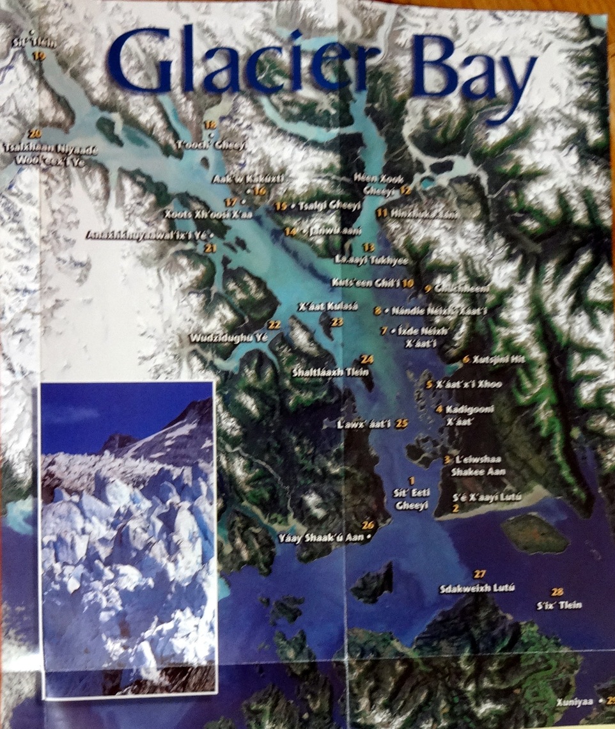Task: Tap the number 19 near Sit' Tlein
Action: pyautogui.click(x=40, y=57)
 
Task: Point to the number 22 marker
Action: pyautogui.click(x=274, y=325)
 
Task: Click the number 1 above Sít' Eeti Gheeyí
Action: pyautogui.click(x=412, y=480)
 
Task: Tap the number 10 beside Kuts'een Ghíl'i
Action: pyautogui.click(x=409, y=282)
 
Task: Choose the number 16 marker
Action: pyautogui.click(x=260, y=191)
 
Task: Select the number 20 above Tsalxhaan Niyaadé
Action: pyautogui.click(x=35, y=134)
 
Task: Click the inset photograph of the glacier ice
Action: pyautogui.click(x=128, y=537)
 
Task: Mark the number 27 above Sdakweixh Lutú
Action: pyautogui.click(x=480, y=574)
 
